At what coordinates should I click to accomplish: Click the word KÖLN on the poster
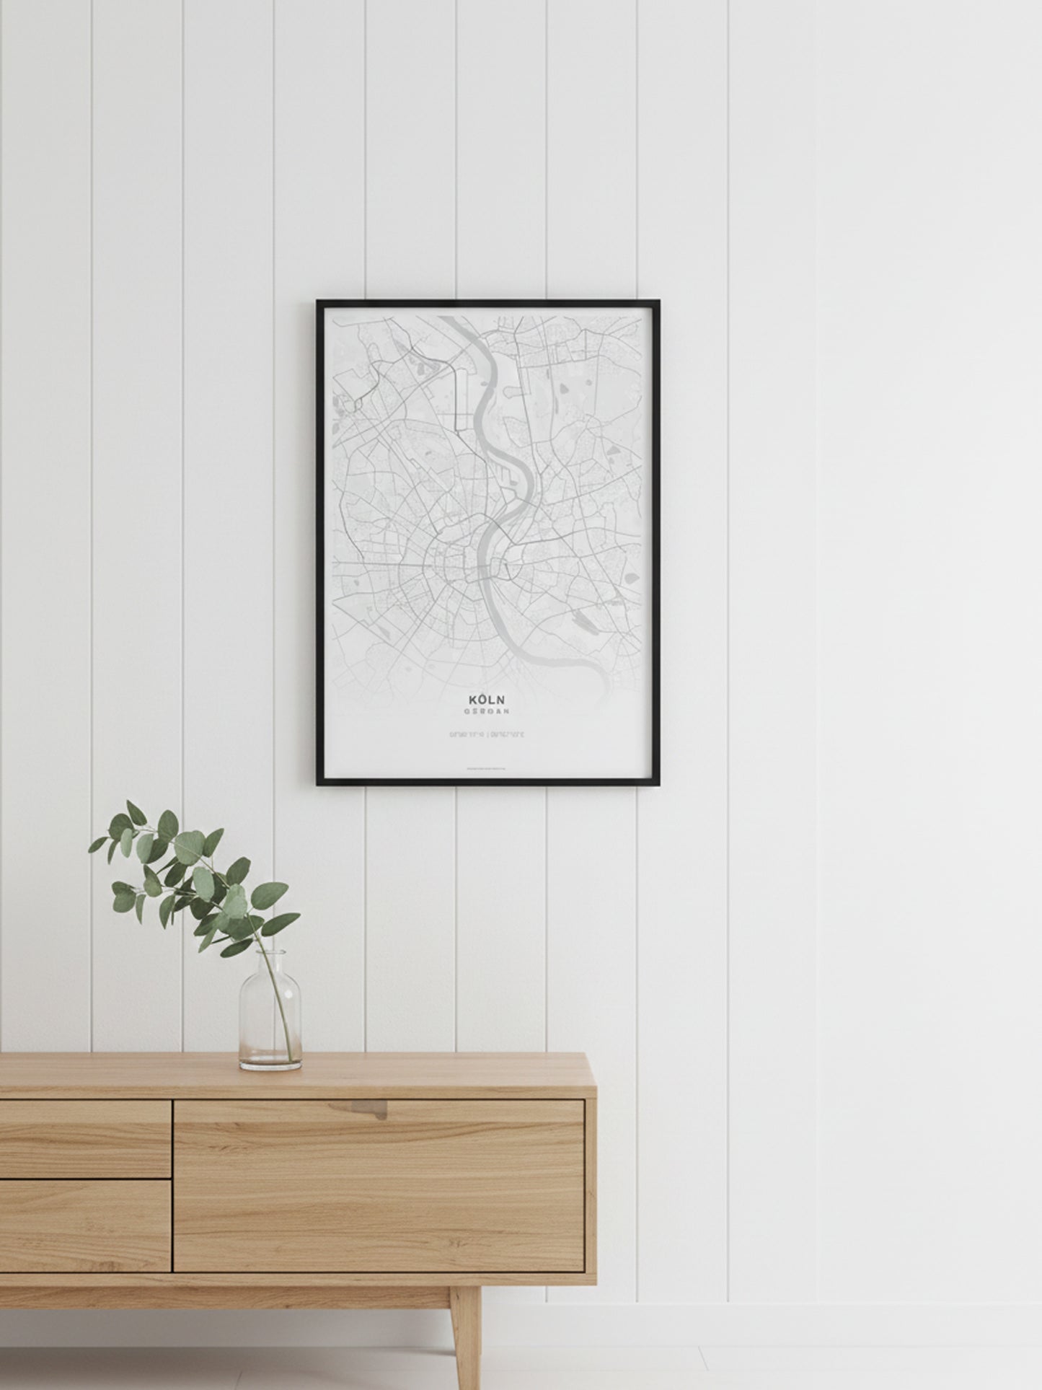(487, 699)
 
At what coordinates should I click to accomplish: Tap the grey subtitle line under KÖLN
(487, 711)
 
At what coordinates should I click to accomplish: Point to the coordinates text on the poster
(487, 735)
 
